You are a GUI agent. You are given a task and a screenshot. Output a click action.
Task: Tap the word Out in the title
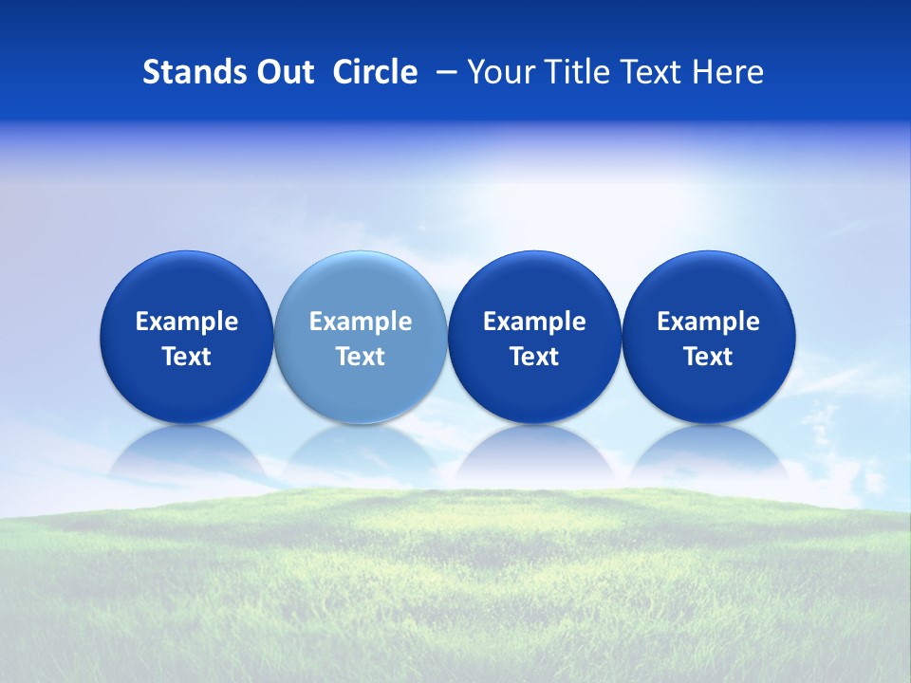point(283,72)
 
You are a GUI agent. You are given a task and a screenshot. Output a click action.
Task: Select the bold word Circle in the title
point(375,72)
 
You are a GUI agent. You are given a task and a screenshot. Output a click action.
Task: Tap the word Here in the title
point(730,72)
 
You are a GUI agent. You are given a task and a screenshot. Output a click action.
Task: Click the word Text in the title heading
point(651,72)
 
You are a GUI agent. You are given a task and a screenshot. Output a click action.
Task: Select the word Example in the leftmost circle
point(186,322)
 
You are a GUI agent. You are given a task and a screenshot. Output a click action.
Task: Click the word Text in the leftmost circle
point(186,357)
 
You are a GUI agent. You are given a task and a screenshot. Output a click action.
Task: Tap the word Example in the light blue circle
point(361,322)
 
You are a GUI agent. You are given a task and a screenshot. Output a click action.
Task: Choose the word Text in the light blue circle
point(361,357)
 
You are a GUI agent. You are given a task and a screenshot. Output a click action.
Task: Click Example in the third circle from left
point(534,322)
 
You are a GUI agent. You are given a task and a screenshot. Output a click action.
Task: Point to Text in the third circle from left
point(534,357)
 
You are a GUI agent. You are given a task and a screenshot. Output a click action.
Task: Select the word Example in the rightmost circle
point(708,322)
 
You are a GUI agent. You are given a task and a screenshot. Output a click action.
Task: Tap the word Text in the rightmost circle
point(708,357)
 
